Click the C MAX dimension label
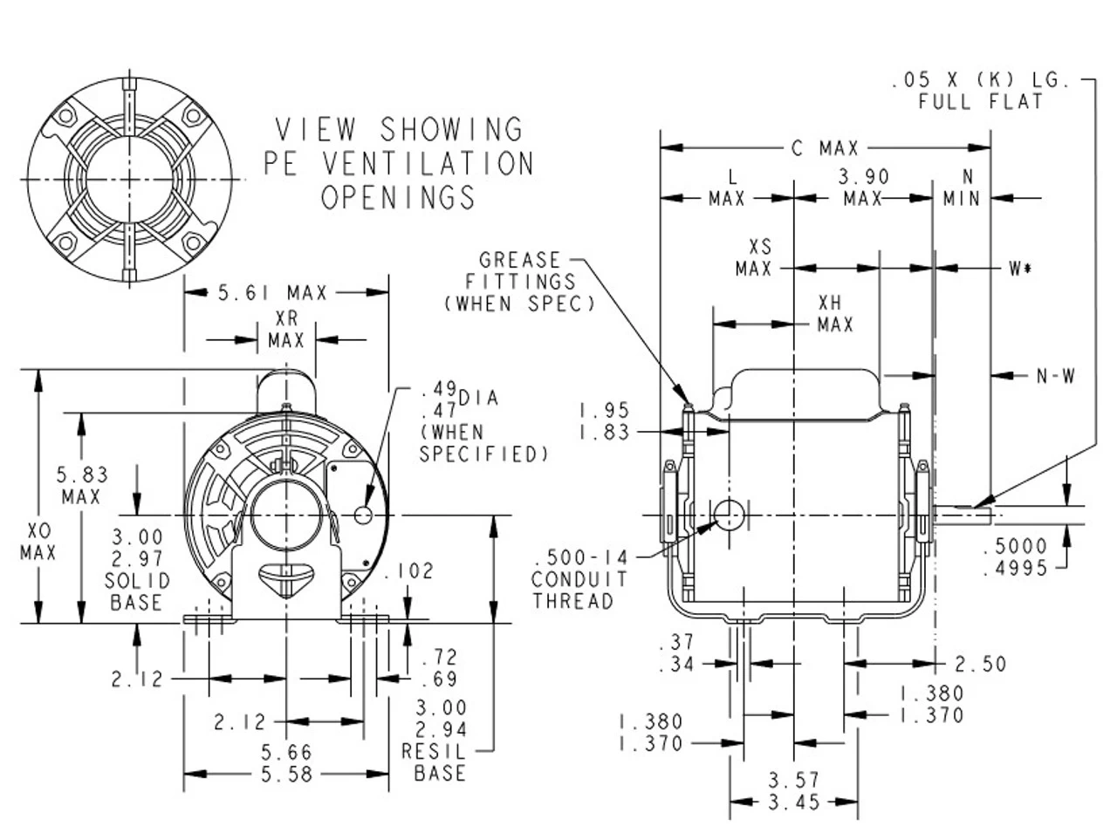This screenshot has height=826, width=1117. click(825, 149)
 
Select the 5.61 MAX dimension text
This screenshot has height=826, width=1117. click(272, 293)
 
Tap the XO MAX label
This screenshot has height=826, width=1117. click(38, 542)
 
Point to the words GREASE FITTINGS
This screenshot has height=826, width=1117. click(520, 271)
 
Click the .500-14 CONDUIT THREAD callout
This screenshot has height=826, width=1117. click(579, 578)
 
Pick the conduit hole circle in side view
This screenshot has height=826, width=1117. click(729, 515)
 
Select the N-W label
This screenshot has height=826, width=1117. click(1055, 376)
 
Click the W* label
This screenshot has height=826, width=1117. click(1020, 269)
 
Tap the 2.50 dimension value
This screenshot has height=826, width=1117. click(980, 665)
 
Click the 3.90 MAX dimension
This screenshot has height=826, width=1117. click(863, 188)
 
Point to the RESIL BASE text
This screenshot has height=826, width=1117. click(440, 761)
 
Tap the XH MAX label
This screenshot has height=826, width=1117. click(834, 314)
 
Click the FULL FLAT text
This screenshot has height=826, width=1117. click(980, 102)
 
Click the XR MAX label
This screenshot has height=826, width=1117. click(286, 330)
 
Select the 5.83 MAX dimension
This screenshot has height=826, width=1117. click(82, 486)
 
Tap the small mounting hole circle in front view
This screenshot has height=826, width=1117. click(363, 515)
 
